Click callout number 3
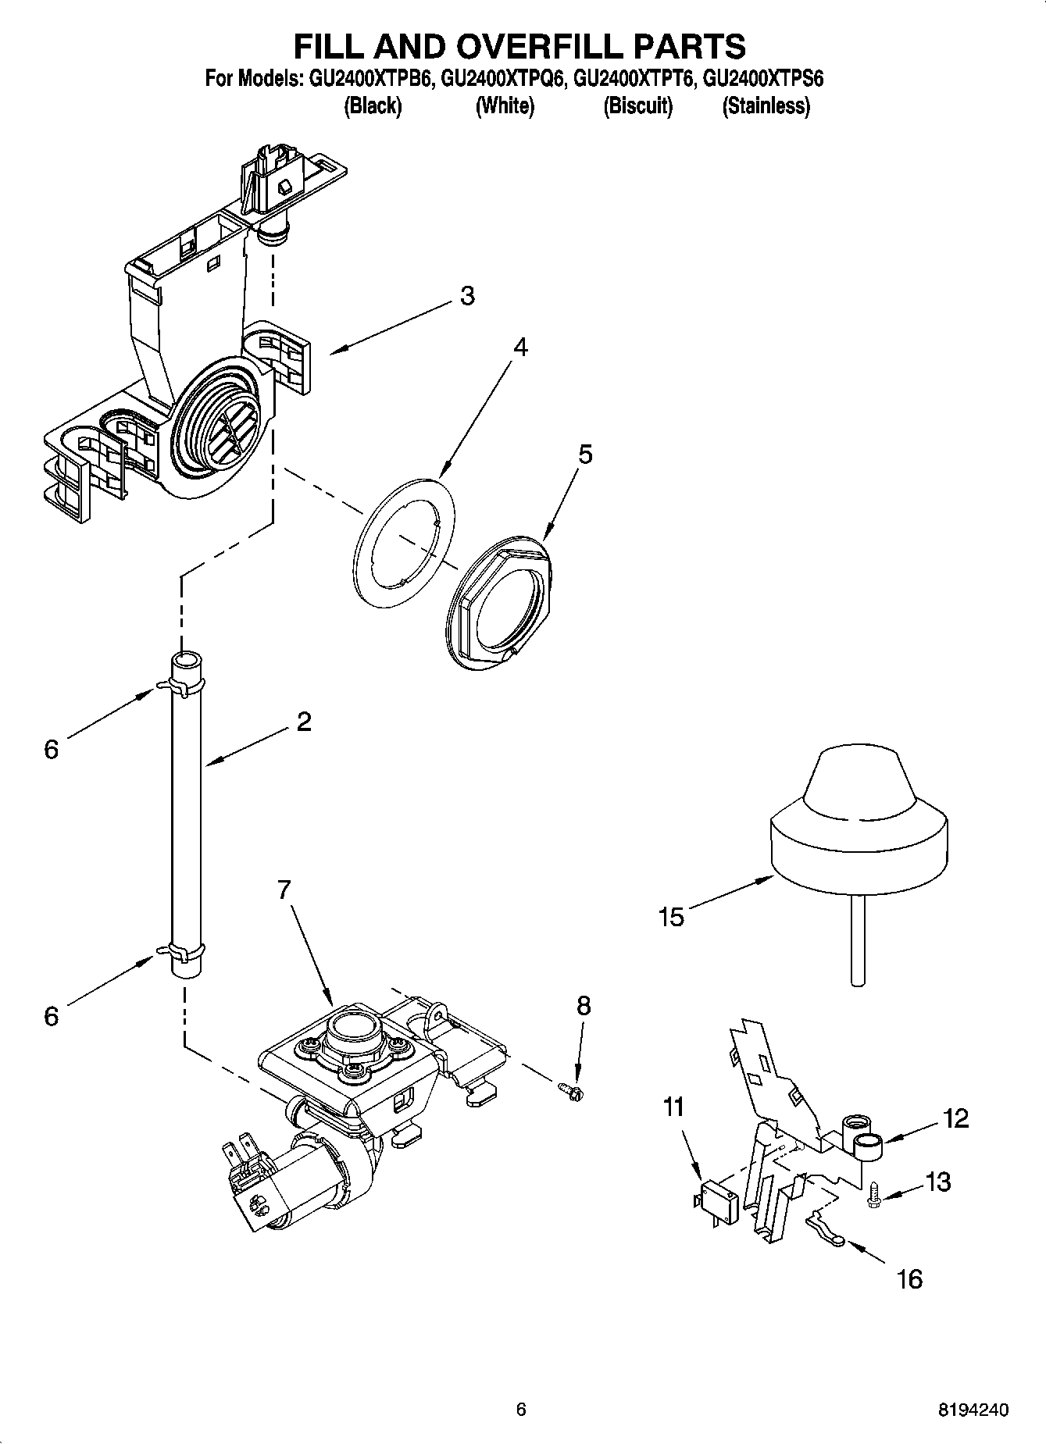466,296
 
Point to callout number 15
671,916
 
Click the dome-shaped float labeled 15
859,829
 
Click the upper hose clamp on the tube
183,685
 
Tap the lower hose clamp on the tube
184,951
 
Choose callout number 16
910,1278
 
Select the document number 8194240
973,1410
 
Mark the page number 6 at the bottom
521,1410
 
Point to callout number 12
955,1118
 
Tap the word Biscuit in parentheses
637,106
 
